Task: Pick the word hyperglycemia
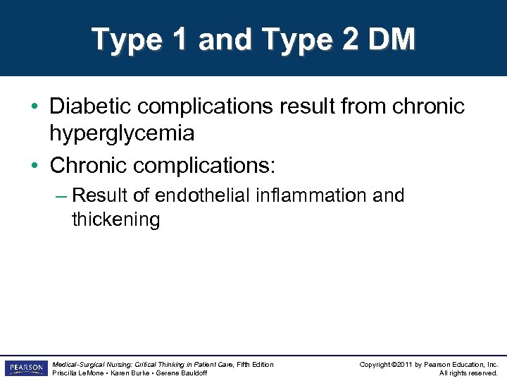point(122,133)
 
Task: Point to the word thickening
point(116,219)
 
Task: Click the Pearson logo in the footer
point(25,368)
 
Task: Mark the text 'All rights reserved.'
point(468,373)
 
